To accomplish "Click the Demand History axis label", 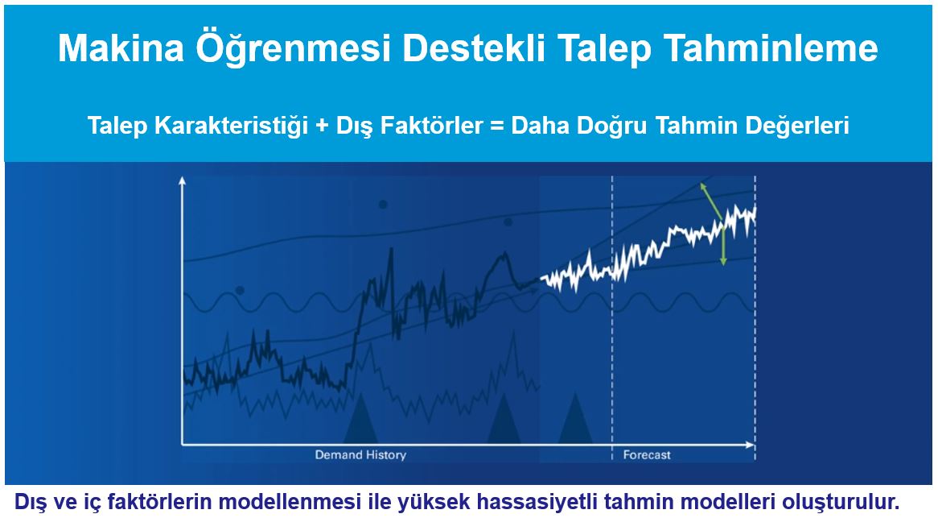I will (360, 455).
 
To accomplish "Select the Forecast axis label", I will (646, 455).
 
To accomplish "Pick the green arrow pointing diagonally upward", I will (709, 198).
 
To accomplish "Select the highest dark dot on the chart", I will (382, 204).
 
